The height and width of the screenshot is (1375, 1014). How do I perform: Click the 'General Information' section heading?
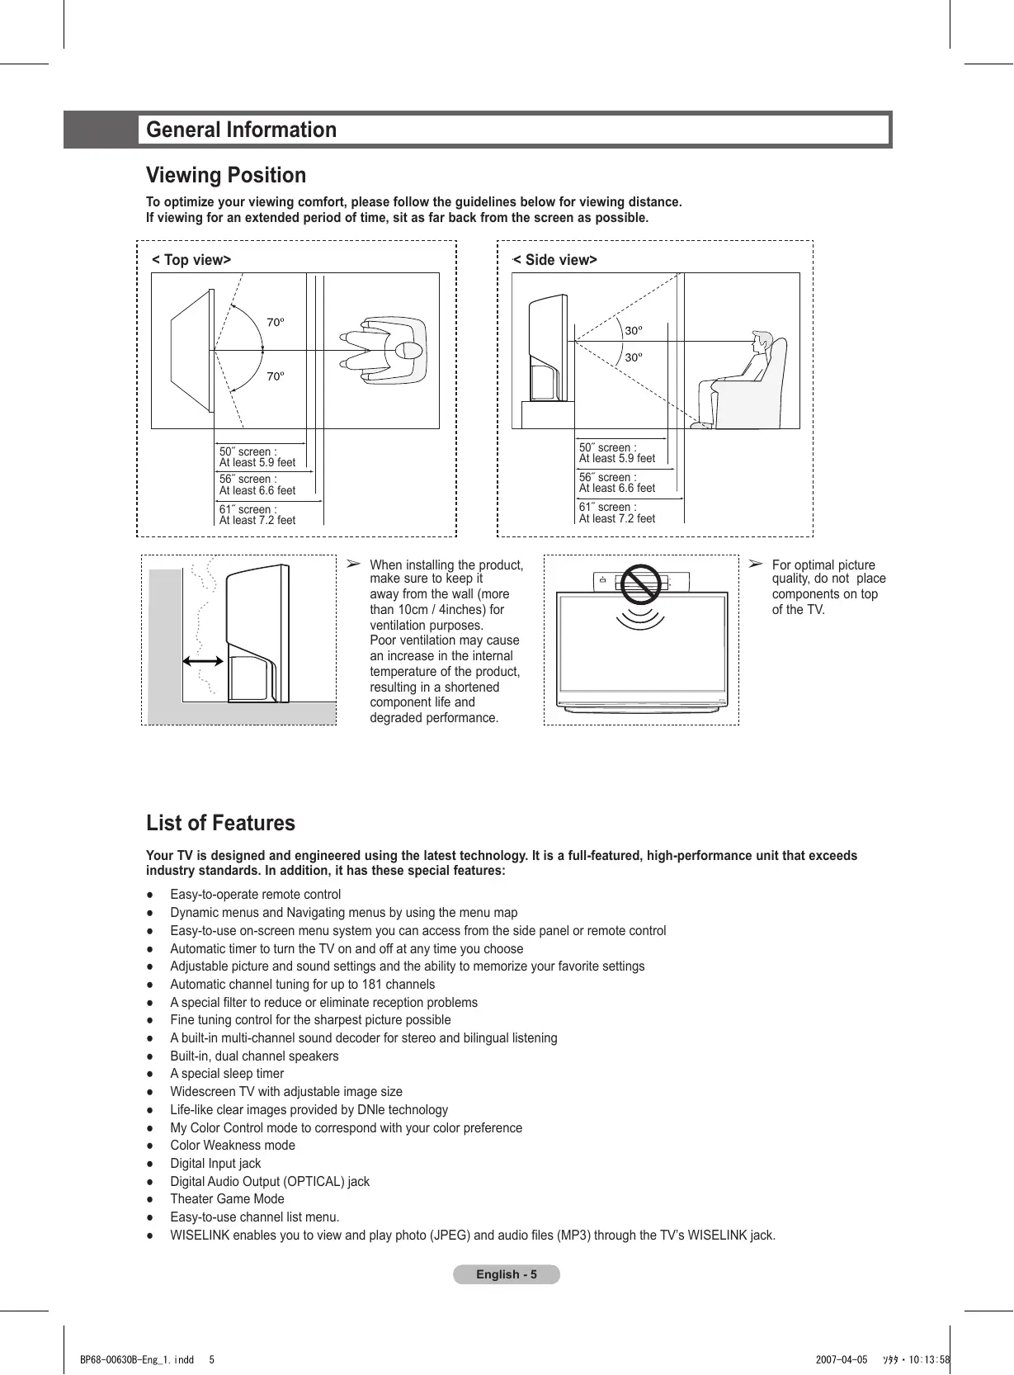241,130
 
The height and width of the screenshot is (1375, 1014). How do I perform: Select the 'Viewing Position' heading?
226,175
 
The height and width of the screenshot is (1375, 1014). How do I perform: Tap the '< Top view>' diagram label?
191,260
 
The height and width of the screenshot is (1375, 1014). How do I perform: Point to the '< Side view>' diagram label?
555,260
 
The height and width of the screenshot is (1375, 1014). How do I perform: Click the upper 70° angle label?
275,322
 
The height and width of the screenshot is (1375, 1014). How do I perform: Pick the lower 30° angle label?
633,357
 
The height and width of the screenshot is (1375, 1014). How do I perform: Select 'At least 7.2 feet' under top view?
257,521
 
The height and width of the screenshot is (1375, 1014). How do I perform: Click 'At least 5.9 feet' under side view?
617,459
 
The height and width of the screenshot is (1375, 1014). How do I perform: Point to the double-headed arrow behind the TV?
203,660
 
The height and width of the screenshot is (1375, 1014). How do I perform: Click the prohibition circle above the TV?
641,584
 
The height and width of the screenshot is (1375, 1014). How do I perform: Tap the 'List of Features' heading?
220,823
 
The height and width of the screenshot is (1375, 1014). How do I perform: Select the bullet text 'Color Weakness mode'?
233,1146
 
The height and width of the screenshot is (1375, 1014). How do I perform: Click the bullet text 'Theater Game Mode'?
227,1199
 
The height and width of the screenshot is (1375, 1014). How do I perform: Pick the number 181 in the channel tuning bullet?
373,985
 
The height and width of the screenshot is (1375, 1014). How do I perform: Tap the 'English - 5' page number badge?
507,1274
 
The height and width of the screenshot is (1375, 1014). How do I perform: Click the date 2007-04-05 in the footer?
842,1360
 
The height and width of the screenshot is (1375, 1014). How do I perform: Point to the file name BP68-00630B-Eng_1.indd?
137,1360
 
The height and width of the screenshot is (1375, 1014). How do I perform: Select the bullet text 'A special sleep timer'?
227,1074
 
